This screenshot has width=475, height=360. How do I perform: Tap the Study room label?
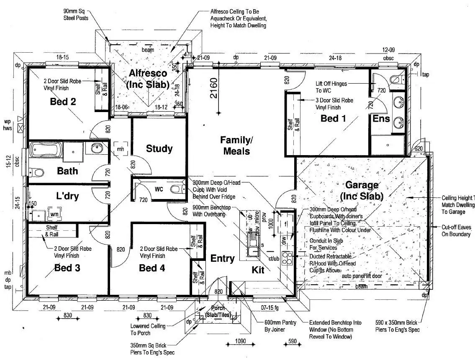coord(159,148)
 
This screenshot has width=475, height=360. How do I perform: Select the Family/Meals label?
coord(236,145)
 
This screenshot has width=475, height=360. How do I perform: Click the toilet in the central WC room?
coord(176,189)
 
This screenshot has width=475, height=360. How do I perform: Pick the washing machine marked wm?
coord(54,214)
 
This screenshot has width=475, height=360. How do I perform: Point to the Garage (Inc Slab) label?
coord(361,190)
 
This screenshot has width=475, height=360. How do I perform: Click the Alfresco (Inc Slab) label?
coord(148,79)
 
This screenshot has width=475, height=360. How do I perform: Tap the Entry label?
coord(222,258)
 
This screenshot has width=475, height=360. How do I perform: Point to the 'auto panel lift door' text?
coord(362,276)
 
